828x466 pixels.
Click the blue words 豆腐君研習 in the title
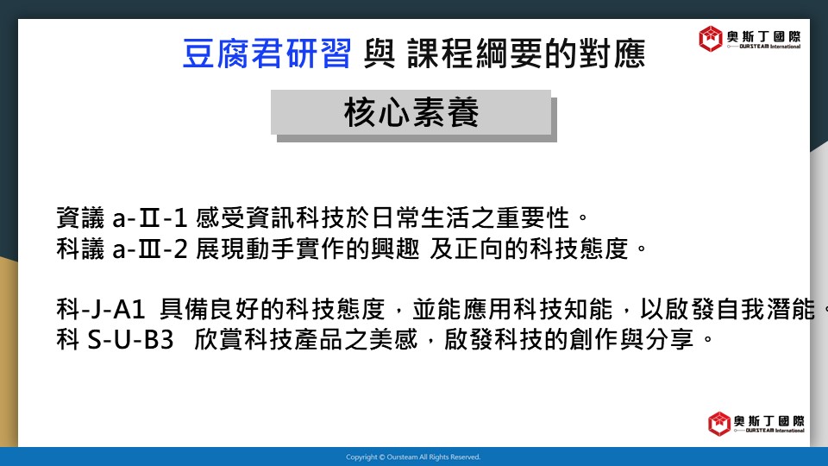267,54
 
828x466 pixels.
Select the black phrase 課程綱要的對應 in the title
526,54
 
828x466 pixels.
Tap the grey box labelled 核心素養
411,112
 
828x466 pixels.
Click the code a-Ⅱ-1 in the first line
150,218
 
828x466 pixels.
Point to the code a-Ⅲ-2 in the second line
150,249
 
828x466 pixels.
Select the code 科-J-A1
100,309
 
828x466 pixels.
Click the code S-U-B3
130,340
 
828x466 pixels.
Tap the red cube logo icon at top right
710,39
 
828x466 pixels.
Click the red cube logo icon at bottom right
718,424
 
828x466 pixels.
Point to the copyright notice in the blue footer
413,457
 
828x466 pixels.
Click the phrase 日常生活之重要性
471,218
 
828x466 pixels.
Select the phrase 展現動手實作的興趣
308,249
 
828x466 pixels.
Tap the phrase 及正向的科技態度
529,249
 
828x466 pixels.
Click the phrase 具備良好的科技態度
273,309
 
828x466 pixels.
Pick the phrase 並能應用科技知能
512,309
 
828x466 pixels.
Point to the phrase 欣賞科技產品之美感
306,340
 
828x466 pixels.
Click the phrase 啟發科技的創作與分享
568,340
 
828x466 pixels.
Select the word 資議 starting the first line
80,218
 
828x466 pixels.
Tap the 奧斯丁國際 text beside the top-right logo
763,36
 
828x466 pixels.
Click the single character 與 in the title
379,54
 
